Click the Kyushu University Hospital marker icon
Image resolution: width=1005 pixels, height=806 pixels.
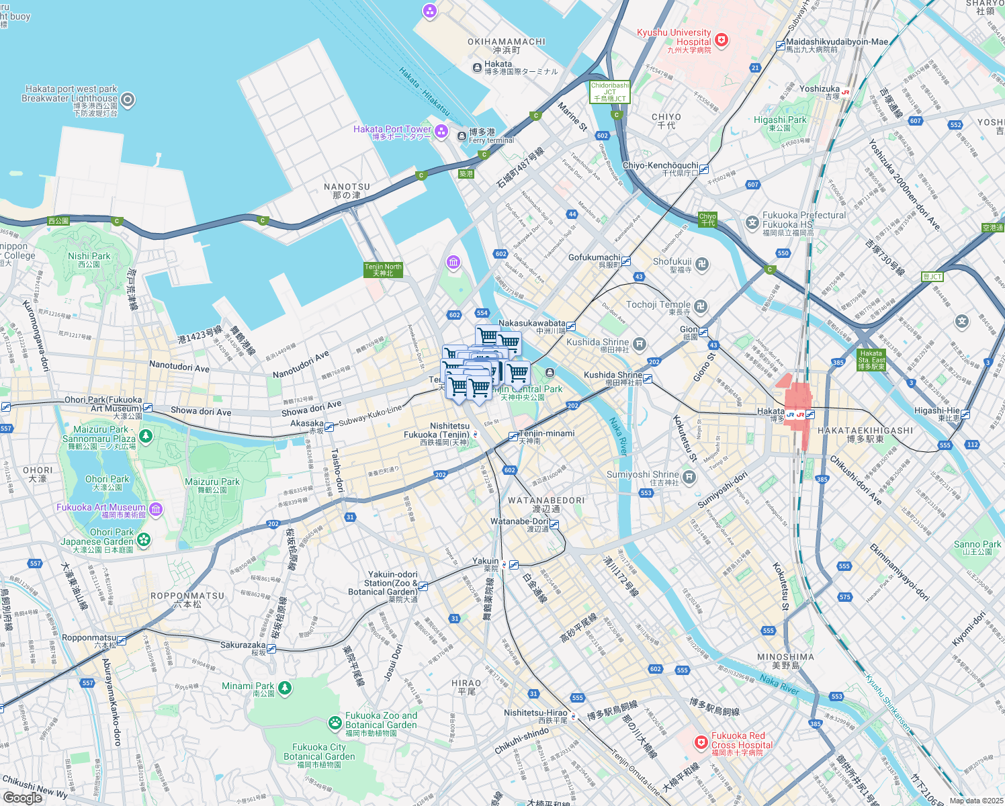coord(722,41)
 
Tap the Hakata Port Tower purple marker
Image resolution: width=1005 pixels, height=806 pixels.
coord(441,131)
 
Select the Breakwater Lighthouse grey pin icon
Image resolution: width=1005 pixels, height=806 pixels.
coord(128,101)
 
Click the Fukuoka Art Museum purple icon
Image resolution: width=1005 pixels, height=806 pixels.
coord(156,510)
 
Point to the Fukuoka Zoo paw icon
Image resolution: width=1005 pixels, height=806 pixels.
coord(335,723)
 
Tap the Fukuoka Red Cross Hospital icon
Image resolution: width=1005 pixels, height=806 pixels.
coord(701,742)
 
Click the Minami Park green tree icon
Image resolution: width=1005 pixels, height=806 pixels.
coord(285,688)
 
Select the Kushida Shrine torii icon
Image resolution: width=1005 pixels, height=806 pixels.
coord(640,344)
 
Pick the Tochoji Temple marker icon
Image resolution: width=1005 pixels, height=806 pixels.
coord(701,307)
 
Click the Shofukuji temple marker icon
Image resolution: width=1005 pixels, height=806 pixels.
coord(702,263)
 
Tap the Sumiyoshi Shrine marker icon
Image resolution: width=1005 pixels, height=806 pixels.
coord(689,477)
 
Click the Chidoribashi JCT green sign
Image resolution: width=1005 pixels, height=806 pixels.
coord(610,92)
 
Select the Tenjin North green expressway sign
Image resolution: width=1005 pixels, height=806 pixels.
coord(383,270)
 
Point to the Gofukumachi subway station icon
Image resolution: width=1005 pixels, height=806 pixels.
coord(626,261)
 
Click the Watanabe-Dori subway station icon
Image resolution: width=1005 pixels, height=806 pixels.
coord(554,524)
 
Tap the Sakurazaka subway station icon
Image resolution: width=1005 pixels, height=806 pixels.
coord(271,649)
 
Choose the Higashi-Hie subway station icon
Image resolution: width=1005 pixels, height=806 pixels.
coord(965,414)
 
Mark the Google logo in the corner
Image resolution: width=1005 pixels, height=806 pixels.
coord(23,798)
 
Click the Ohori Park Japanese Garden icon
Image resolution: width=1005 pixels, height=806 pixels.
coord(144,539)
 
